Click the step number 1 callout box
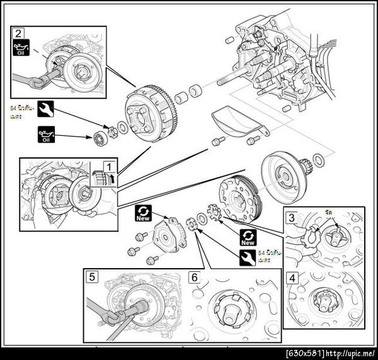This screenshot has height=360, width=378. coord(108,167)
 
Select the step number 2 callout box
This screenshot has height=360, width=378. coord(19,33)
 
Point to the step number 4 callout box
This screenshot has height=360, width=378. coord(291,276)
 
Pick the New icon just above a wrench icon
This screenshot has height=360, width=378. coord(248,237)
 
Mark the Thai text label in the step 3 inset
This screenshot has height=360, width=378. coord(328,215)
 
